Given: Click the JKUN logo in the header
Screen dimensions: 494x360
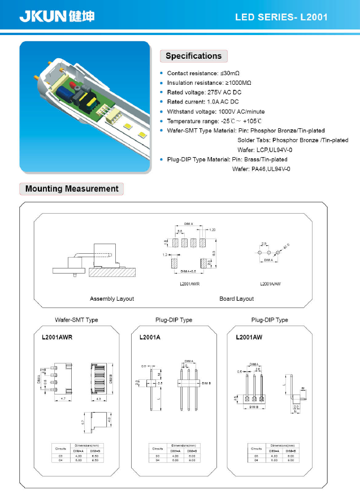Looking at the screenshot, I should (x=57, y=16).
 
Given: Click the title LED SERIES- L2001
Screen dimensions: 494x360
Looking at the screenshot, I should (x=281, y=18).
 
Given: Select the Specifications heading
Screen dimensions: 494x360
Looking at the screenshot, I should (x=193, y=56).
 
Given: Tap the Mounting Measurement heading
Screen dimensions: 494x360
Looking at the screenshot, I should (x=72, y=189).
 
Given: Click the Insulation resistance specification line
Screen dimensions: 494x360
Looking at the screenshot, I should (x=209, y=83).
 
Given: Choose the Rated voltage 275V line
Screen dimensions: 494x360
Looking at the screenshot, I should (x=204, y=92).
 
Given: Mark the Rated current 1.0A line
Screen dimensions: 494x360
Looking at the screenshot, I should (x=203, y=102).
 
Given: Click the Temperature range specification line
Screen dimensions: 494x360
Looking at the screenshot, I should (x=214, y=121).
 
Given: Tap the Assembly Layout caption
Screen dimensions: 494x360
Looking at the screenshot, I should (x=112, y=298).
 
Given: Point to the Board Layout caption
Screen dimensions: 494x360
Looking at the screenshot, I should (x=236, y=298).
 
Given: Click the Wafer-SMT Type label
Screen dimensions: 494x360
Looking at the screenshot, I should (x=76, y=320).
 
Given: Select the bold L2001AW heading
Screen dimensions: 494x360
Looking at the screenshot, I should (x=247, y=337).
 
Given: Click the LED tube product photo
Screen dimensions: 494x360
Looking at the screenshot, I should (x=85, y=106).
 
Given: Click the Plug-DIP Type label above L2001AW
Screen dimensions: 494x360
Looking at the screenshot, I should (x=270, y=320).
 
